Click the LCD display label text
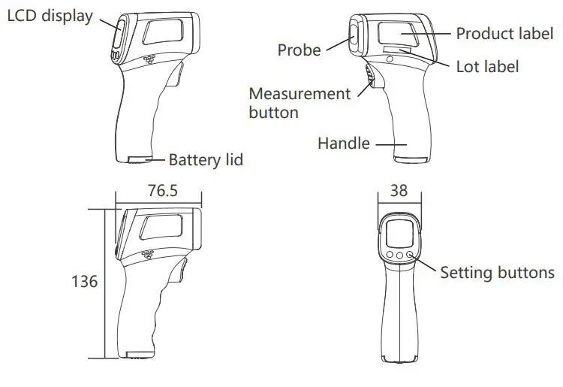pyautogui.click(x=50, y=16)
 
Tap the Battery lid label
pyautogui.click(x=206, y=159)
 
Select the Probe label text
pyautogui.click(x=299, y=50)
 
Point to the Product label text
pyautogui.click(x=505, y=33)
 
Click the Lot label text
pyautogui.click(x=487, y=66)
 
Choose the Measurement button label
pyautogui.click(x=299, y=103)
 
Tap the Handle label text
pyautogui.click(x=343, y=143)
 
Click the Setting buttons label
pyautogui.click(x=497, y=272)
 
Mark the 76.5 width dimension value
pyautogui.click(x=162, y=191)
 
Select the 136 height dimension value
pyautogui.click(x=84, y=282)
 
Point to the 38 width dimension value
pyautogui.click(x=399, y=191)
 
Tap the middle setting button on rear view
pyautogui.click(x=399, y=255)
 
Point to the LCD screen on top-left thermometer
pyautogui.click(x=119, y=35)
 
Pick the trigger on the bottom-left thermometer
pyautogui.click(x=182, y=271)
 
